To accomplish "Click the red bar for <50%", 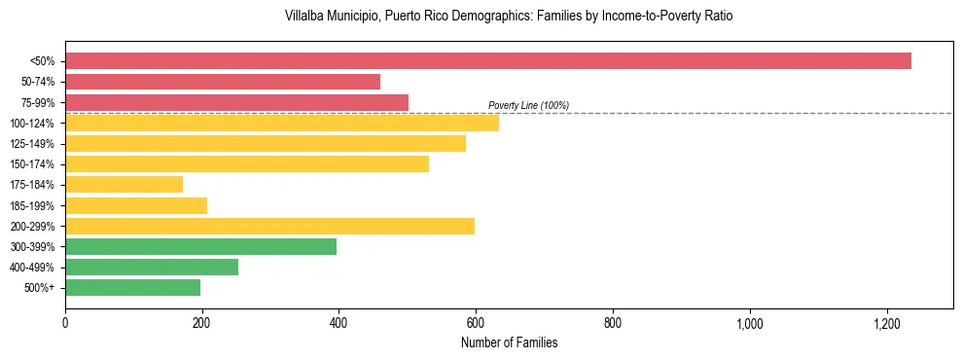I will (x=487, y=60).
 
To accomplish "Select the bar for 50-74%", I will (x=223, y=82).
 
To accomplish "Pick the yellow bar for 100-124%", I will (x=282, y=123).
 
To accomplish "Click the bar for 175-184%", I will (x=124, y=185).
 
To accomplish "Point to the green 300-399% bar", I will (x=200, y=246).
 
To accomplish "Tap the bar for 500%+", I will (x=132, y=287).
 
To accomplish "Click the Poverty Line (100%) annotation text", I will (x=528, y=105).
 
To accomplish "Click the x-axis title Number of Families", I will (x=509, y=342).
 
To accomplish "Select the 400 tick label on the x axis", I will (x=338, y=323).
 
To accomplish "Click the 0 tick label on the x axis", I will (x=65, y=323).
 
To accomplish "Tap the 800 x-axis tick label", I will (x=613, y=323).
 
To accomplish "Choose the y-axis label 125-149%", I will (x=32, y=144).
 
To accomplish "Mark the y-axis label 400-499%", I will (x=32, y=268).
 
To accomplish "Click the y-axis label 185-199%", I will (x=32, y=205).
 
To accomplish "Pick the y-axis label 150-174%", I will (x=32, y=164).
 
